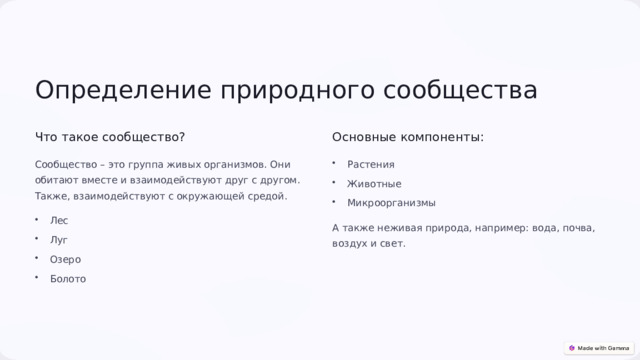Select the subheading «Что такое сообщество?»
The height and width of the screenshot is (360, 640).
click(110, 137)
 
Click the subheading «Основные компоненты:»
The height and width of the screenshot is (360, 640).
click(408, 137)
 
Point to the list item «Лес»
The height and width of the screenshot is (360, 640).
click(59, 220)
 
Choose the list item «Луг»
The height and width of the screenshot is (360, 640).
click(59, 240)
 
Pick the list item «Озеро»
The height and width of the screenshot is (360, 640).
click(66, 259)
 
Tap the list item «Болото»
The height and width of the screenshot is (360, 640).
click(68, 279)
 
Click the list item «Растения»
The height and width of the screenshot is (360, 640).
click(371, 164)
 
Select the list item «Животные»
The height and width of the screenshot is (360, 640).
click(374, 184)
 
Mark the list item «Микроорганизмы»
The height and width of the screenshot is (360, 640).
click(391, 203)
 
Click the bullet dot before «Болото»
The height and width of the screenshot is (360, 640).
click(37, 278)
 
